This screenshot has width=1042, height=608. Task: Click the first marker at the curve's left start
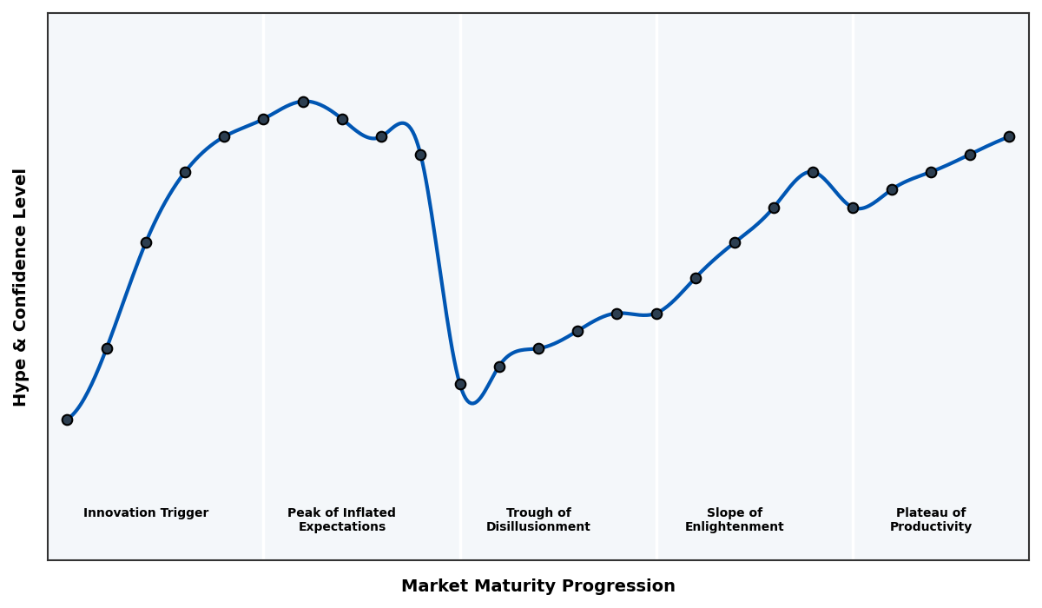(67, 420)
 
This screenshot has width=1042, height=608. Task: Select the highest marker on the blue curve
(303, 102)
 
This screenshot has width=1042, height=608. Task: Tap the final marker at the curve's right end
(1009, 136)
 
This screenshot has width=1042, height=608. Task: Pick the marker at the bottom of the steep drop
(460, 384)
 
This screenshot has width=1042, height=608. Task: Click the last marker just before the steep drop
(420, 155)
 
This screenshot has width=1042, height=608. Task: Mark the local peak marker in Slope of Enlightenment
(813, 172)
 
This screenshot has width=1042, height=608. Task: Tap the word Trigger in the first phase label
(183, 513)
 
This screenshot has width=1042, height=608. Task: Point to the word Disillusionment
(538, 527)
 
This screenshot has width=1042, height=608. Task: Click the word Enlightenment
(735, 527)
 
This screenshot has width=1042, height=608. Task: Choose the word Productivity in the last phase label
(931, 527)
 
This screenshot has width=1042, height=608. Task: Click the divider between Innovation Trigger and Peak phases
(264, 287)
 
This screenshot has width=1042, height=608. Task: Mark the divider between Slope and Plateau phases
(853, 347)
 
